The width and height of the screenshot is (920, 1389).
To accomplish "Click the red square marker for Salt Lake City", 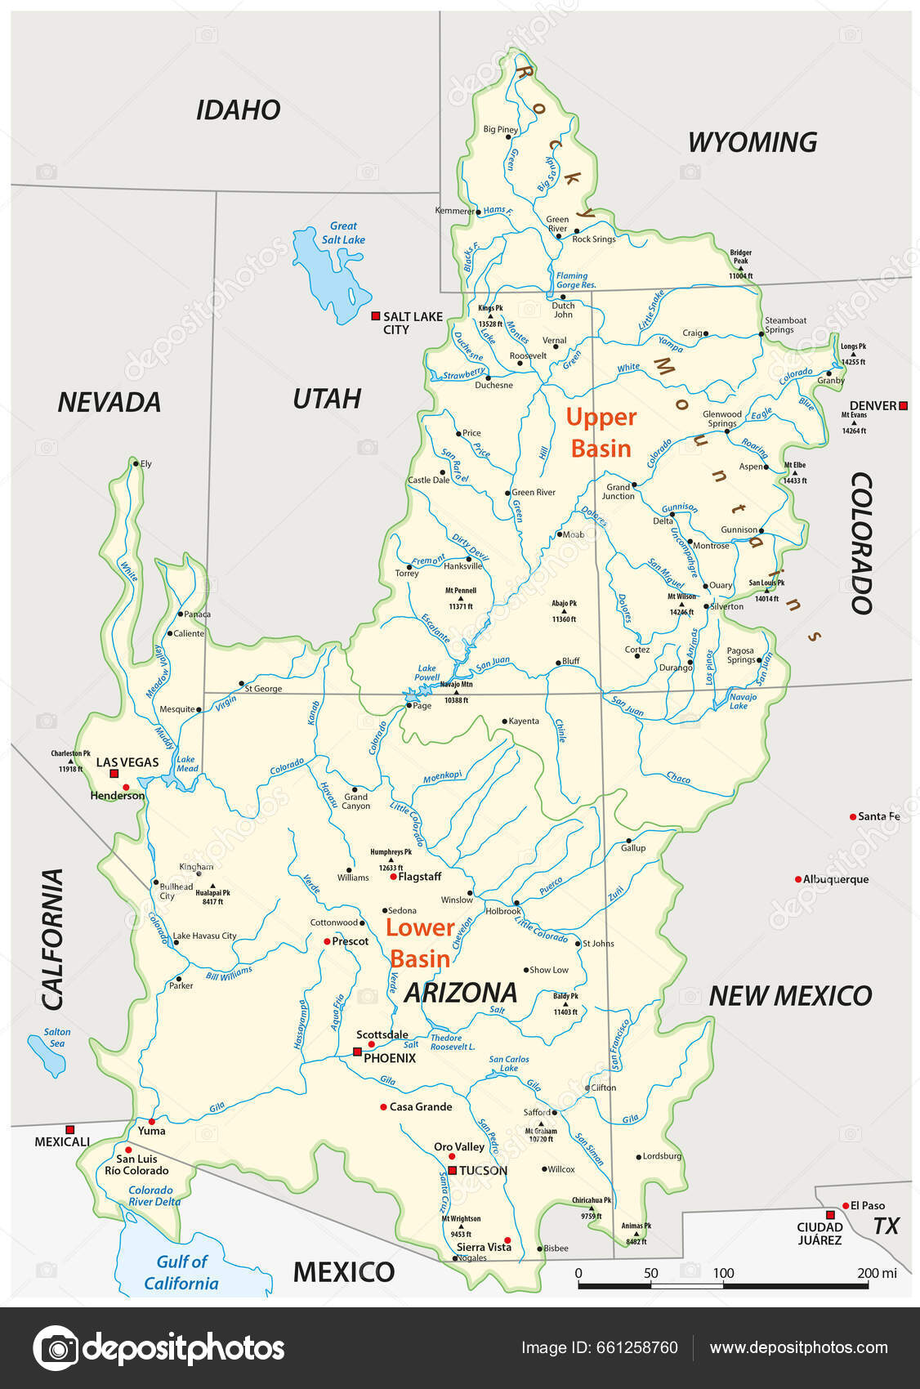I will click(375, 316).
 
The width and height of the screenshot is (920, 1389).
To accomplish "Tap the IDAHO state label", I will click(238, 109).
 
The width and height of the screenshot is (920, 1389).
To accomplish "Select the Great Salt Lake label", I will click(343, 233).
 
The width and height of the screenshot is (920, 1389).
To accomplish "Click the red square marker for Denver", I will click(903, 405).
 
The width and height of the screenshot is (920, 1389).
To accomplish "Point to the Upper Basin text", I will click(601, 432).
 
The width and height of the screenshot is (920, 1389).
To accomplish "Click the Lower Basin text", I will click(420, 943).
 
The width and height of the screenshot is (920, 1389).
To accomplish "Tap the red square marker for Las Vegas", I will click(114, 773).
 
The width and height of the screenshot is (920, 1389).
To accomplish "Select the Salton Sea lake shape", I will click(47, 1056).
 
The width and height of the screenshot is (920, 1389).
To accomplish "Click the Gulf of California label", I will click(181, 1272).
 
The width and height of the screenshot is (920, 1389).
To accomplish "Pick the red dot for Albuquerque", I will click(798, 879).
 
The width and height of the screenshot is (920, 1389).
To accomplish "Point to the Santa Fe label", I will click(878, 816).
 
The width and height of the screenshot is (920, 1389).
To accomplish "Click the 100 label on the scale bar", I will click(723, 1273).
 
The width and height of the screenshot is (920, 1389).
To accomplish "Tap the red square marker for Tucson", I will click(452, 1170).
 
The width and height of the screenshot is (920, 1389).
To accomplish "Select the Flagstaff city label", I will click(419, 877).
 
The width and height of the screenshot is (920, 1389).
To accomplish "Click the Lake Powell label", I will click(427, 672).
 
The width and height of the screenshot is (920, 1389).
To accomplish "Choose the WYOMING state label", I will click(752, 142).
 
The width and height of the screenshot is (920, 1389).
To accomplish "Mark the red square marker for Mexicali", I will click(69, 1128).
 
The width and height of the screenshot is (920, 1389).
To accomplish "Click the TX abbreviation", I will click(886, 1226).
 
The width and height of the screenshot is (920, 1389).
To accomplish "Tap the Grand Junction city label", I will click(619, 491).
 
